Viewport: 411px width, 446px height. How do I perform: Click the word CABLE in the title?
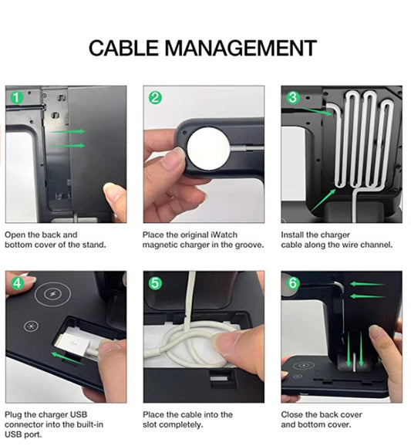tap(123, 48)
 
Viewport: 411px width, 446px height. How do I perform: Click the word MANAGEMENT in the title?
tap(241, 48)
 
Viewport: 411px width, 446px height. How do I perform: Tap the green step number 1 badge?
tap(17, 98)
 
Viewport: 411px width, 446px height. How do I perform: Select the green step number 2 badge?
tap(155, 98)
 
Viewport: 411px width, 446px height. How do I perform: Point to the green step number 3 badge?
tap(293, 97)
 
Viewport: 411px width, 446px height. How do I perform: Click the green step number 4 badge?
tap(17, 283)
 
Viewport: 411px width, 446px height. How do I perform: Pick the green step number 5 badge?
tap(155, 283)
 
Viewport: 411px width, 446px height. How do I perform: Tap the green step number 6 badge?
tap(293, 283)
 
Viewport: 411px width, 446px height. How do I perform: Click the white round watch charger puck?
tap(208, 148)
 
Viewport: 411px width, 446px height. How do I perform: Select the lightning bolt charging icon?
tap(52, 295)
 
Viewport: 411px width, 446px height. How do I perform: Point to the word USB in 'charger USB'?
tap(79, 414)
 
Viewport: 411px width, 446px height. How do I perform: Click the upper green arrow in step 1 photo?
tap(67, 131)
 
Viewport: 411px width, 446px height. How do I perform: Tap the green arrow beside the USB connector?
tap(68, 358)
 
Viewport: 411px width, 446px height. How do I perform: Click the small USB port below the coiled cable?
tap(219, 378)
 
